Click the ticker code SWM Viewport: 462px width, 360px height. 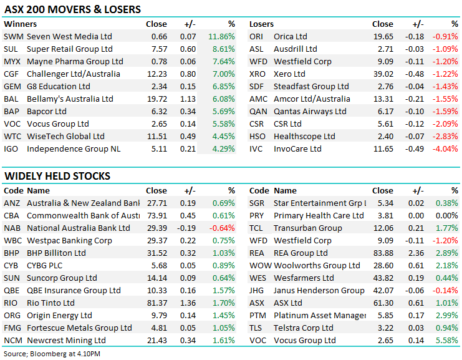tap(12, 37)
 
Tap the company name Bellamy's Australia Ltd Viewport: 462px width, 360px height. tap(70, 99)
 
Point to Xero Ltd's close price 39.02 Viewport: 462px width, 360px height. tap(382, 74)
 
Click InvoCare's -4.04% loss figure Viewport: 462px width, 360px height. tap(445, 149)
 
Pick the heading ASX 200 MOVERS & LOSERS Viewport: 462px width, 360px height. tap(72, 9)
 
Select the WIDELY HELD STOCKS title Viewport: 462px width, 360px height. tap(57, 177)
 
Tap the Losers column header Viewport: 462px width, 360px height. tap(261, 24)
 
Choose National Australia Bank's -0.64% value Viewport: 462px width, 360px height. tap(222, 228)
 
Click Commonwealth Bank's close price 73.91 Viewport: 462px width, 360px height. tap(156, 216)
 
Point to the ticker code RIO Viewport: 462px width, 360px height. tap(12, 303)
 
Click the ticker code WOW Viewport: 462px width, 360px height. tap(260, 266)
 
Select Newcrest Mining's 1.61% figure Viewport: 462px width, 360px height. tap(223, 341)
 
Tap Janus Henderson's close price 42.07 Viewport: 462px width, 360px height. tap(382, 291)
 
